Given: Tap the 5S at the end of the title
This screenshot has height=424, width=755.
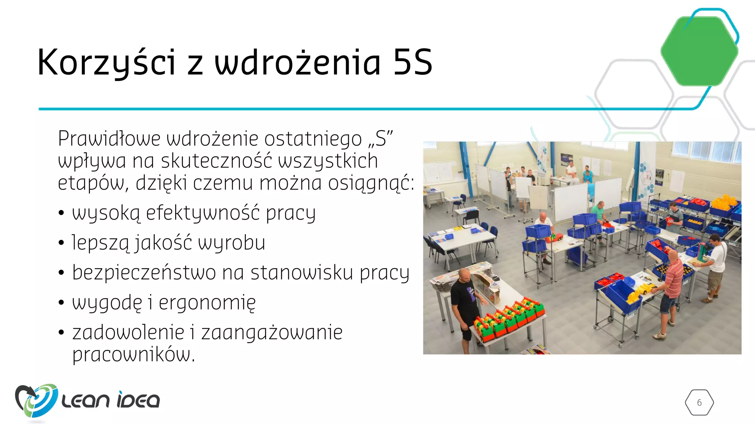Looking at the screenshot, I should point(413,63).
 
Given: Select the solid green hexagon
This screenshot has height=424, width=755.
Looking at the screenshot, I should point(699,51).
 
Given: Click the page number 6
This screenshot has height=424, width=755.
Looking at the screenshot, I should point(699,403).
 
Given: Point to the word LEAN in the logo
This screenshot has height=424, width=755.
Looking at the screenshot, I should point(86,400).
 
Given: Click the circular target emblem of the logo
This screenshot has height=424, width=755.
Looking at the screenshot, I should point(37,400).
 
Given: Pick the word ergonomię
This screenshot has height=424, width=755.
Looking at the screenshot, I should point(207,303).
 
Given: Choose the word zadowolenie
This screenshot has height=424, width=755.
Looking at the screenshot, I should point(128,332).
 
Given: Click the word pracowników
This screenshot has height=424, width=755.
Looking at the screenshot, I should point(133,354).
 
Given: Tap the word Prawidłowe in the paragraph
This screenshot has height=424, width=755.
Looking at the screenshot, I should point(109,139).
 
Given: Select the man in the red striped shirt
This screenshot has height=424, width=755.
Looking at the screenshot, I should point(671,287).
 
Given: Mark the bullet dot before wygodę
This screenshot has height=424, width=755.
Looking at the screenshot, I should point(62,303).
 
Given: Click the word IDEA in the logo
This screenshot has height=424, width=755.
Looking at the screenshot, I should point(138,400).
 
